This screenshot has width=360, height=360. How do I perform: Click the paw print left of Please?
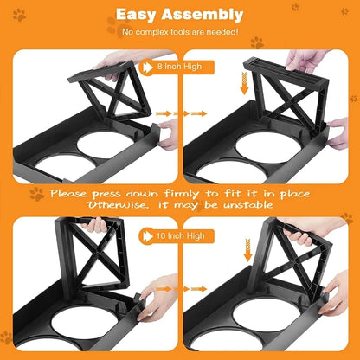click(36, 194)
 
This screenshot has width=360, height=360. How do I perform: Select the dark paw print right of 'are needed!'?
click(257, 41)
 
